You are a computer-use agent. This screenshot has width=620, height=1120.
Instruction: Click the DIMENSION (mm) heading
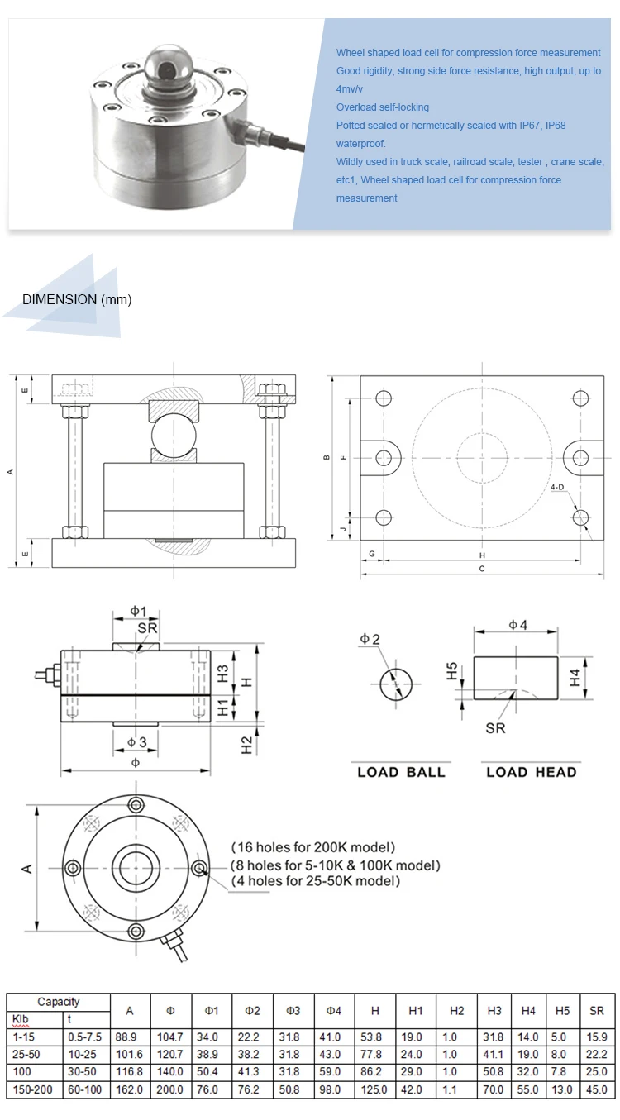[77, 299]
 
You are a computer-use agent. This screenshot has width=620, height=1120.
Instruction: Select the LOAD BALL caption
[401, 772]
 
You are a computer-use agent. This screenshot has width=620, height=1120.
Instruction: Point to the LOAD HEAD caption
[531, 772]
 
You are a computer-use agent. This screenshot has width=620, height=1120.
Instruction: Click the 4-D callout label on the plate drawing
[558, 488]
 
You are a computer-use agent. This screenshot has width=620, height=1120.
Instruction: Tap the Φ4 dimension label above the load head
[517, 625]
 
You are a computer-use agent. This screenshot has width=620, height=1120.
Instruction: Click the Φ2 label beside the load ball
[370, 639]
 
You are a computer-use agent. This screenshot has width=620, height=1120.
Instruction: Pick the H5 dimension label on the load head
[451, 670]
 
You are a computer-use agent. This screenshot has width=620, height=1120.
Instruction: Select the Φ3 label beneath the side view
[138, 742]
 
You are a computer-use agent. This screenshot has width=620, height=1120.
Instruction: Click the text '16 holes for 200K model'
[313, 847]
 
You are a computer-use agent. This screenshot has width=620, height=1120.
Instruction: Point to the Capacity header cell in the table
[59, 1002]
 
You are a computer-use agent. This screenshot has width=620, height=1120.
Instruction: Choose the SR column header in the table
[597, 1010]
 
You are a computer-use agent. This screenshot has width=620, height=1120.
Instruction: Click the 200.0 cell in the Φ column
[170, 1089]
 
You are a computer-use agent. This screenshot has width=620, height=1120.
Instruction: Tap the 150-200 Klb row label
[32, 1089]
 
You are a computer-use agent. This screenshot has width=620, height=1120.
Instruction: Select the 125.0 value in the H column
[374, 1089]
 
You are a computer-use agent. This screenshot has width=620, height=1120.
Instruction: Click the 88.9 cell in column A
[129, 1037]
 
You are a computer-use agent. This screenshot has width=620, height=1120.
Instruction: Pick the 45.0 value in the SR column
[597, 1089]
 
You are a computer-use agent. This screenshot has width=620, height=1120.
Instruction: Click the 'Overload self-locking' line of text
[383, 107]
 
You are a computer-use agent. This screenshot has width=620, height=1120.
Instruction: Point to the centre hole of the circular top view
[136, 867]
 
